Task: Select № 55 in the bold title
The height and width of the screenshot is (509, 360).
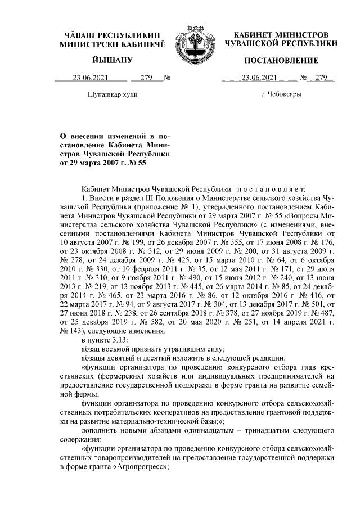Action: (136, 164)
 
